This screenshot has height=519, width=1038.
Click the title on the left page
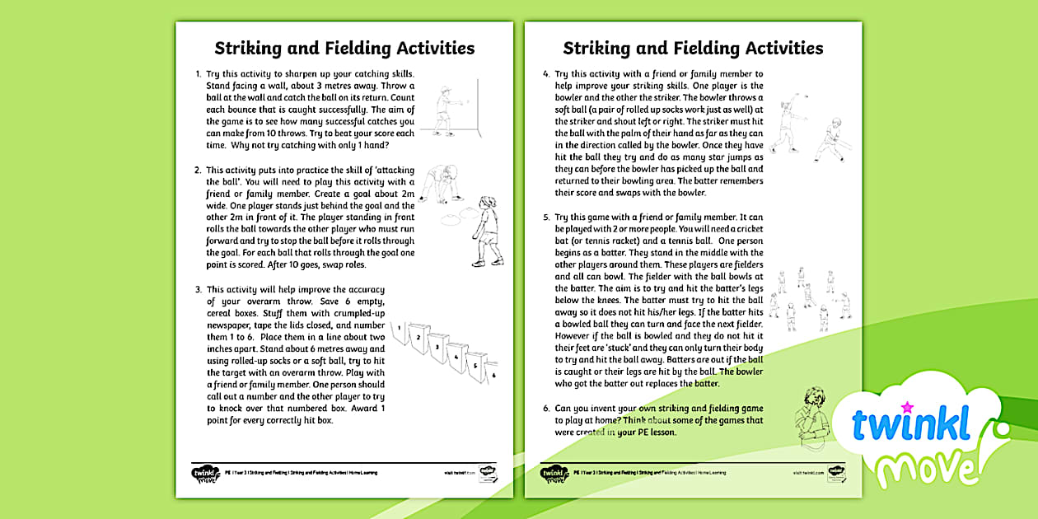[344, 48]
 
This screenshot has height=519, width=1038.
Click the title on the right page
[693, 48]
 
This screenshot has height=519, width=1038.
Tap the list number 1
[198, 74]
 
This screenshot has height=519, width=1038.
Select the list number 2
[198, 171]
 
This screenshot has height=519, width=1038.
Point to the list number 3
[198, 289]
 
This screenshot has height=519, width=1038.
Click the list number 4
[546, 74]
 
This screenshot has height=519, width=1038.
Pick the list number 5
[546, 217]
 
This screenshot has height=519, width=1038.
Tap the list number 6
[546, 409]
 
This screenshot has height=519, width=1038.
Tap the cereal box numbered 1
[402, 332]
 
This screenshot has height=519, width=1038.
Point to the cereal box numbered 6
[491, 372]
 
